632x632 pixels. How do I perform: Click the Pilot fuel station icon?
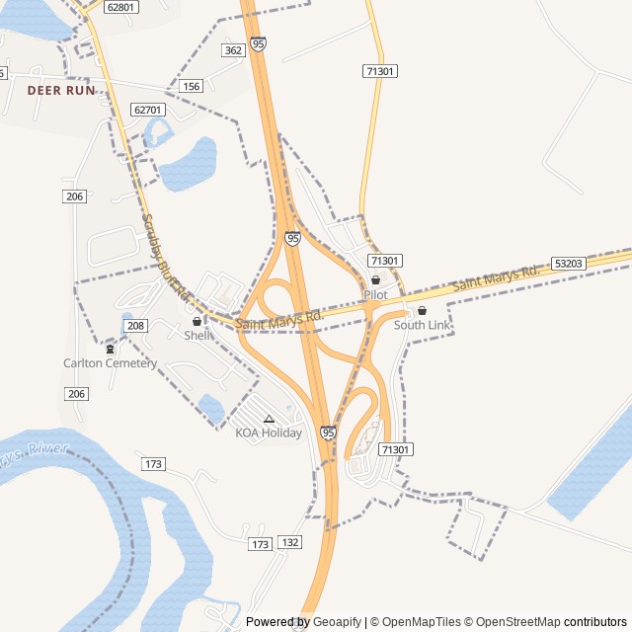click(x=375, y=280)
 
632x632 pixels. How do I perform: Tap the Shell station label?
click(x=197, y=335)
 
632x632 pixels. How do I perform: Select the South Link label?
click(x=422, y=325)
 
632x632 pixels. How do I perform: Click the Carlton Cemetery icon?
click(x=110, y=349)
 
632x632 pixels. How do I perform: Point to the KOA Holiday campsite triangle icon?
click(x=269, y=419)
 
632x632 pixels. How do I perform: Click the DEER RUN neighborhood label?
click(x=61, y=90)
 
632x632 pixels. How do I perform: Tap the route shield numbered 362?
click(x=233, y=50)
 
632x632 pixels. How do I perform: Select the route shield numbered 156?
click(x=192, y=87)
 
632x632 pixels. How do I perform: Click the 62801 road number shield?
click(x=120, y=7)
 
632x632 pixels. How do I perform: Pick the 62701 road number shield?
click(x=147, y=110)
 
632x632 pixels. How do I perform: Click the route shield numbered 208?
click(x=136, y=326)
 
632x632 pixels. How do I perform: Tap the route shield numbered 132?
click(x=290, y=542)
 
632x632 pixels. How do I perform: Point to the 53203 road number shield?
click(x=569, y=264)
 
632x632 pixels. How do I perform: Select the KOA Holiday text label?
click(x=269, y=433)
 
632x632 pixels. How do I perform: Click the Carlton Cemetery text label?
click(x=110, y=362)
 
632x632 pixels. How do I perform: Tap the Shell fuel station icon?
click(x=197, y=321)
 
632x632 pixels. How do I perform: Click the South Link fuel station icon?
click(x=422, y=311)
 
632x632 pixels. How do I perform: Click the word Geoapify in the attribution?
click(x=338, y=622)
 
